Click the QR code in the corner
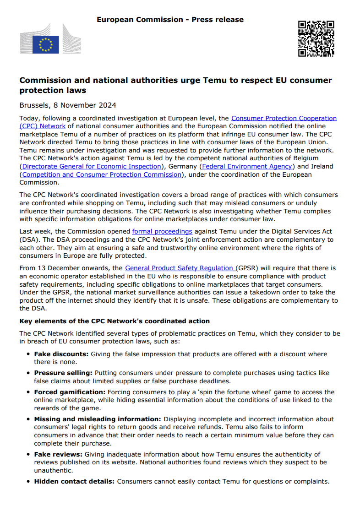[316, 39]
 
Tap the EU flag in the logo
[46, 44]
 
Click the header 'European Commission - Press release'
[170, 20]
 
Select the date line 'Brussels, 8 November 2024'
[68, 105]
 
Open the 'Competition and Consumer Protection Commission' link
[102, 174]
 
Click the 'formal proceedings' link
[162, 232]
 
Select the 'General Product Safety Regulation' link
[180, 268]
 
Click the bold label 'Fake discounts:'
[61, 354]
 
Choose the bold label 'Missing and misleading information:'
[98, 419]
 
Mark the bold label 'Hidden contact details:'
[75, 481]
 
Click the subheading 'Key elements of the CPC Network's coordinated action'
[115, 321]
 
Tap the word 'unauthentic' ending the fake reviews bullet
[53, 470]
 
